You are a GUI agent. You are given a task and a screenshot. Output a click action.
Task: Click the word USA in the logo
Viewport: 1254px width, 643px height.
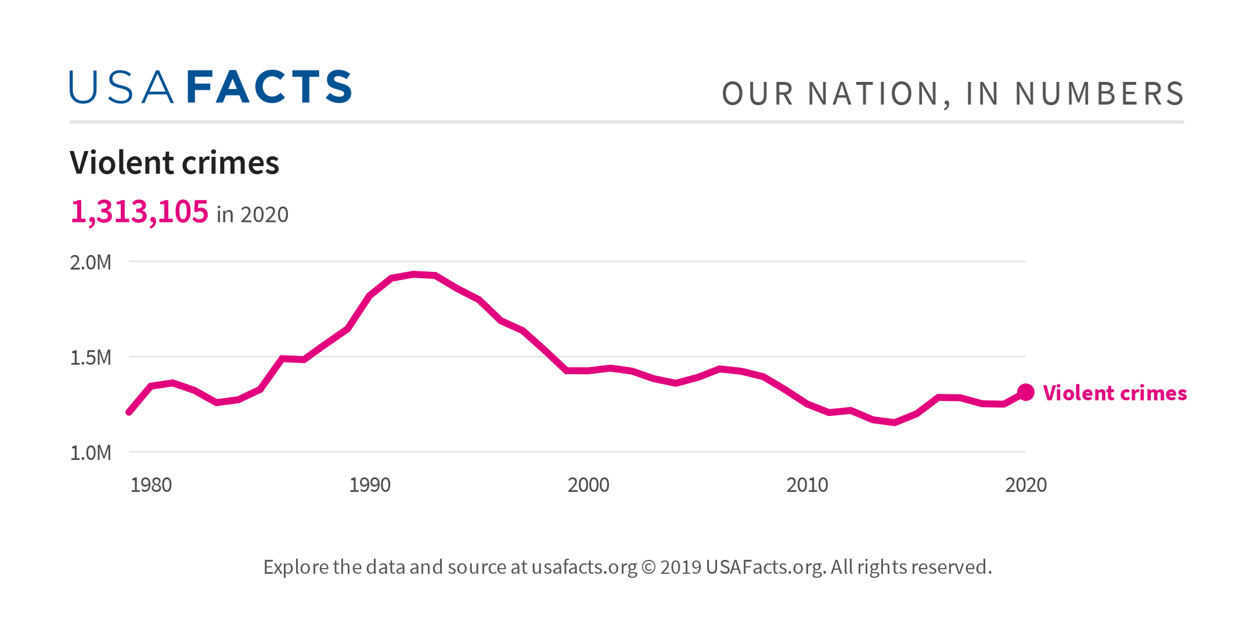pos(121,88)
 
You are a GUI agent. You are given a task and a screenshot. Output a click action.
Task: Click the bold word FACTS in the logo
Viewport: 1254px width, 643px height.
pos(269,88)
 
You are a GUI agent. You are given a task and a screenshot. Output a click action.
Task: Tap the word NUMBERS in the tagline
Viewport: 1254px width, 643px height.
pos(1099,94)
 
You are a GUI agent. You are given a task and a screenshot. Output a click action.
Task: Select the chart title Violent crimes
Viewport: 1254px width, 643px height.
pos(174,163)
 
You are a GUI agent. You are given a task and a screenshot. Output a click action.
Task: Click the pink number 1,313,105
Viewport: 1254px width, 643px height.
pos(139,211)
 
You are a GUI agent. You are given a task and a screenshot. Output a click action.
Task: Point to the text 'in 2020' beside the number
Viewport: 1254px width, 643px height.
pos(252,215)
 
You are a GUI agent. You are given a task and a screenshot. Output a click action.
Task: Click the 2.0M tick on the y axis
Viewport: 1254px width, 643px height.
pos(91,263)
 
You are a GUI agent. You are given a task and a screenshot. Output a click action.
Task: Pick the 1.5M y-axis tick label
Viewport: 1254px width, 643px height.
pos(91,358)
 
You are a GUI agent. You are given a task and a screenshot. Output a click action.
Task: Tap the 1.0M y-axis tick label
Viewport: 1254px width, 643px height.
pos(91,453)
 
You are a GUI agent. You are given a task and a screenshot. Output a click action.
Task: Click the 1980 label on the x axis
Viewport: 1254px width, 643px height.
pos(151,485)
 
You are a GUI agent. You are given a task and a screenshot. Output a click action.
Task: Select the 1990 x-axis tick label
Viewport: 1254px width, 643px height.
pos(370,485)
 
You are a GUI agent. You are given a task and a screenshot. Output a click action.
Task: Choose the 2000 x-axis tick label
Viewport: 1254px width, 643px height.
pos(588,485)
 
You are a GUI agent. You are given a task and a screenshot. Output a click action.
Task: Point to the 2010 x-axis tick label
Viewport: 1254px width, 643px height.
pos(807,485)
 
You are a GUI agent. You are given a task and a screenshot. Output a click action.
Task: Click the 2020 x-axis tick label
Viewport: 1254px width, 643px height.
pos(1026,485)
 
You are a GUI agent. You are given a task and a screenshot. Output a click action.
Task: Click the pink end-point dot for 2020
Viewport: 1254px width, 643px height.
pos(1026,393)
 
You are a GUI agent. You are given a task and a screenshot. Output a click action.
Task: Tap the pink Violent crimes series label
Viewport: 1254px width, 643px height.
pos(1115,393)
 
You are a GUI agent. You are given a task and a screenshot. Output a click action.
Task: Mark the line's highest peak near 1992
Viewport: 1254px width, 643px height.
pos(413,274)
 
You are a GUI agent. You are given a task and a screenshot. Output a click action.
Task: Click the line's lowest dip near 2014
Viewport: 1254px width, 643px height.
pos(895,422)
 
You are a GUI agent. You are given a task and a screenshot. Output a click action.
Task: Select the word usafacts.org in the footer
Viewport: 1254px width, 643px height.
pos(584,567)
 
